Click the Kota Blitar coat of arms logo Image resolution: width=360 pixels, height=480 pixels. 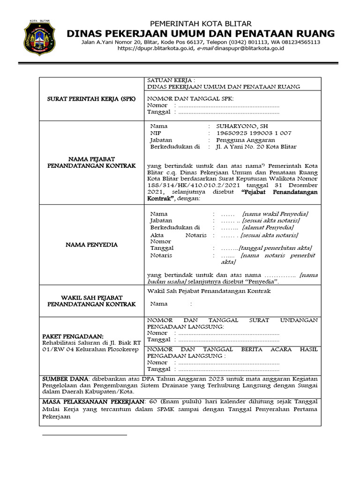point(39,39)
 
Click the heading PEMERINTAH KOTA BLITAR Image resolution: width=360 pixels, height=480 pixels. point(201,24)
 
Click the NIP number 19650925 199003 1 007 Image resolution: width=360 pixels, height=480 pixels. point(254,133)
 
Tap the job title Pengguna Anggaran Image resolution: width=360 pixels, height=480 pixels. point(246,140)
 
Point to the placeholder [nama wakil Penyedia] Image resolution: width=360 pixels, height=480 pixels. point(275,214)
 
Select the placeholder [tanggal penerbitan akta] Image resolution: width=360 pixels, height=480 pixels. point(276,248)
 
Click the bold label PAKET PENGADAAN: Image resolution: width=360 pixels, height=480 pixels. point(72,336)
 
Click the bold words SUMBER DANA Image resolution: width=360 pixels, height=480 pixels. point(66,378)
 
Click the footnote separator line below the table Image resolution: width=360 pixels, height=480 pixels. point(84,435)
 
